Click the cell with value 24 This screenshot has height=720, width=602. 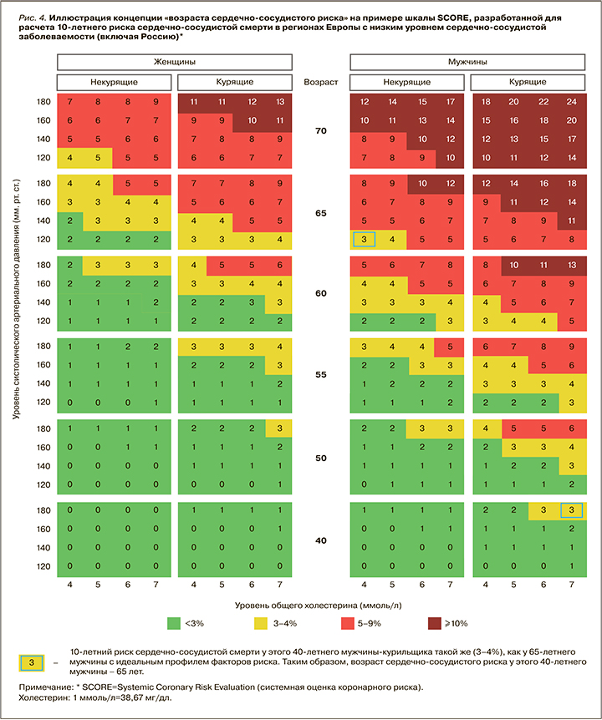click(x=572, y=101)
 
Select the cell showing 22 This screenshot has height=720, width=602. click(x=543, y=101)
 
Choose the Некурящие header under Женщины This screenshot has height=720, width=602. click(x=114, y=82)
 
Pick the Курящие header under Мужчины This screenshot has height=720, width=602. click(x=529, y=82)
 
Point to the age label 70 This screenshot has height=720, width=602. click(x=320, y=132)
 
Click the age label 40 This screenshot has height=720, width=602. click(x=320, y=540)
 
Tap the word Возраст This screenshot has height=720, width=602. click(x=320, y=82)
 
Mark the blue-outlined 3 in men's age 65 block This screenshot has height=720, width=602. click(x=365, y=239)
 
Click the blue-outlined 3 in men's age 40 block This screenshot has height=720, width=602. click(x=572, y=510)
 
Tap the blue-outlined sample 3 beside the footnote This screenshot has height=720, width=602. click(x=30, y=662)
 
